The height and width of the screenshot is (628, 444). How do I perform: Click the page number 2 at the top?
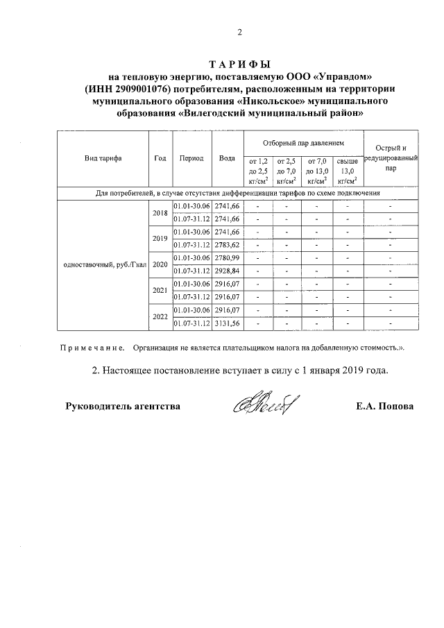239,31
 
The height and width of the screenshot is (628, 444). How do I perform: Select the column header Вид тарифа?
103,158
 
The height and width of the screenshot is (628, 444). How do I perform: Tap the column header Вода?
227,158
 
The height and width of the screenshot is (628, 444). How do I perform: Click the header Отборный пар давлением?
303,142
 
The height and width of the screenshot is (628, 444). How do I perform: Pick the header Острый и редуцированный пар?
391,158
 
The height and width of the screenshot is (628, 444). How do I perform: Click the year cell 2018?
160,213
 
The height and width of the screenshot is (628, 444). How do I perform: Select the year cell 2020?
160,264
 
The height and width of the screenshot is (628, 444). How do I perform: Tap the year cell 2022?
160,316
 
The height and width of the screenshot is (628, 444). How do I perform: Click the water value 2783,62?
227,245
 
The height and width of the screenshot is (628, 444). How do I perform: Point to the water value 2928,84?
227,271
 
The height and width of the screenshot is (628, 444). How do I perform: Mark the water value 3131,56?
227,323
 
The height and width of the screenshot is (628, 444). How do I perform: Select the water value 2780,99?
227,258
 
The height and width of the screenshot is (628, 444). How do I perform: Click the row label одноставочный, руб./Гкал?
103,264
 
